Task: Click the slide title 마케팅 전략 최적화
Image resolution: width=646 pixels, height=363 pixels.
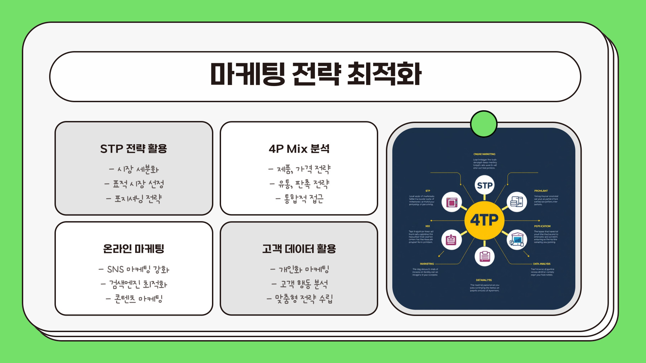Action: point(316,74)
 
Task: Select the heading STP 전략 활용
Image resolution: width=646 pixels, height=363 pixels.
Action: point(134,149)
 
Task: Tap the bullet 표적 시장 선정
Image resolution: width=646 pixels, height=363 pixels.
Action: point(134,184)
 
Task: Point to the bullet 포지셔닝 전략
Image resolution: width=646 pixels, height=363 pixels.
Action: point(134,199)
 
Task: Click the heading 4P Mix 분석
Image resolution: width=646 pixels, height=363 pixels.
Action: point(299,149)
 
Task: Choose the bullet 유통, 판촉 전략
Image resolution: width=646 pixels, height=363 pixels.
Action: point(299,184)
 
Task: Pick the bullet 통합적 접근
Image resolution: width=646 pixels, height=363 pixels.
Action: point(299,199)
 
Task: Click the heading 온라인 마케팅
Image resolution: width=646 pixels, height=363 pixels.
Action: point(134,249)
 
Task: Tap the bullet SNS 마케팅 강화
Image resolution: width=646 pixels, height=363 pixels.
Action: point(134,270)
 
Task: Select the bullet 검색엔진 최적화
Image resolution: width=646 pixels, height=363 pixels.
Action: point(134,284)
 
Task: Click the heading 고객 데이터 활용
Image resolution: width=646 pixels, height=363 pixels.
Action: point(299,249)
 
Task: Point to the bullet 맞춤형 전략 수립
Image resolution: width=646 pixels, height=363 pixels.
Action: point(299,298)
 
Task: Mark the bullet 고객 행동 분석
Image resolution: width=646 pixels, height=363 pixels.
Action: point(299,284)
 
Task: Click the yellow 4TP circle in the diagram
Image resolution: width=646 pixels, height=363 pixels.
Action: point(484,220)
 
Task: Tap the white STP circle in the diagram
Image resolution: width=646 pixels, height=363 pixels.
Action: point(485,185)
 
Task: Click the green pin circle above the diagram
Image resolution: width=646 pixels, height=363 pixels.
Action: point(484,124)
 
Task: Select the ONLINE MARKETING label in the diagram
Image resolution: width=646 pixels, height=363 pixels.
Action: point(484,154)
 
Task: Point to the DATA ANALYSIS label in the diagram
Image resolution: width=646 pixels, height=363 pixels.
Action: point(542,264)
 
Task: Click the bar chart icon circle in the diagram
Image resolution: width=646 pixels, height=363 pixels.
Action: point(516,239)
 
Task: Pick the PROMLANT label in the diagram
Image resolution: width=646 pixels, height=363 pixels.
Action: point(541,191)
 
